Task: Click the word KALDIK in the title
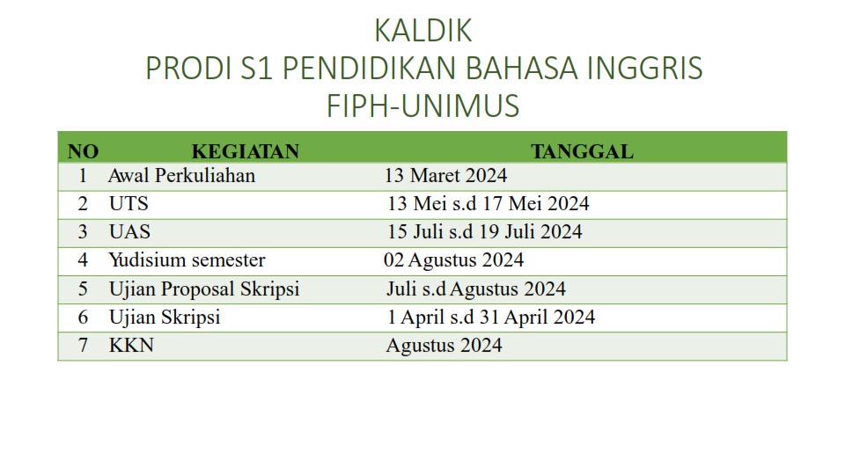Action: (x=423, y=31)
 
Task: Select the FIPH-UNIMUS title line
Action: (x=423, y=106)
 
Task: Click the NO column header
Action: (x=83, y=152)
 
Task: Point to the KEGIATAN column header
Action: (x=246, y=152)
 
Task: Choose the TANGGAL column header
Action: (x=582, y=152)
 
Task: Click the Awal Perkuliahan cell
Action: (x=181, y=176)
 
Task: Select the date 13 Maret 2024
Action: (x=445, y=176)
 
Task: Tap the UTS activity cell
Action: (x=129, y=203)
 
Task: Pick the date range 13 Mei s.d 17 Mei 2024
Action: (x=489, y=203)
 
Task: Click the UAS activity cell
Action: (x=129, y=231)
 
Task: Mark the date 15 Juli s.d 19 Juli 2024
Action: (x=485, y=231)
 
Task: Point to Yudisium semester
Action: (x=187, y=260)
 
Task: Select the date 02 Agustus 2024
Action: (x=454, y=260)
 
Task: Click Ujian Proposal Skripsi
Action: (x=204, y=289)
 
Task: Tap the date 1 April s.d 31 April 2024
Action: (x=491, y=318)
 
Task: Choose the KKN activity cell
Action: (x=131, y=345)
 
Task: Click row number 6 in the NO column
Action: (x=83, y=318)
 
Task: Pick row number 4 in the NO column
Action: (x=83, y=260)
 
